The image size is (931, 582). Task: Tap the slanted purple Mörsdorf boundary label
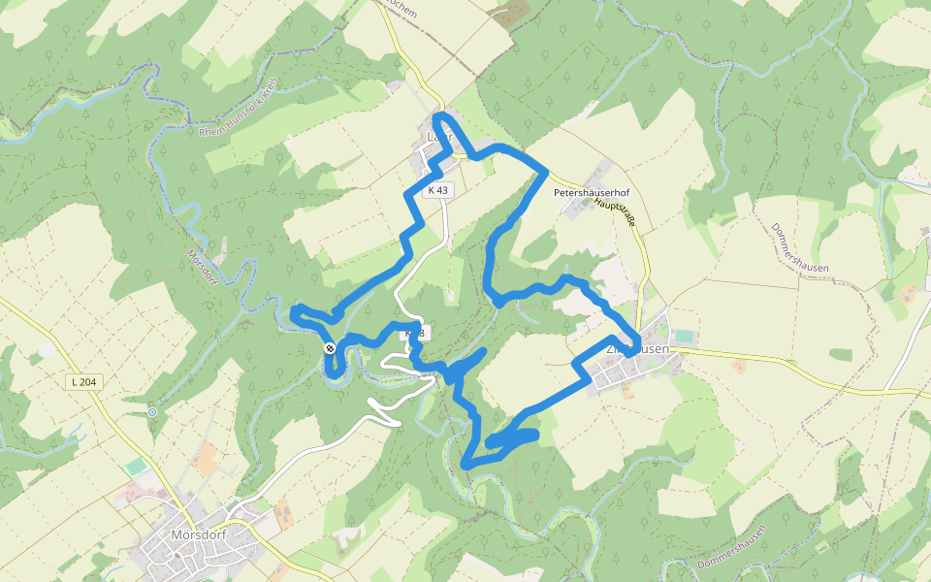tap(202, 268)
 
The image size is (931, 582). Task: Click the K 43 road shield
tap(437, 190)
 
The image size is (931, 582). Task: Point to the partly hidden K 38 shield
tap(415, 334)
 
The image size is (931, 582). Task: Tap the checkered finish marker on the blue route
tap(330, 348)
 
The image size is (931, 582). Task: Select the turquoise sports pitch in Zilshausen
tap(685, 336)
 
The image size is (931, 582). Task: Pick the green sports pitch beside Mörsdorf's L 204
tap(135, 467)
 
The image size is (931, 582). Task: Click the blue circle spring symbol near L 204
tap(152, 412)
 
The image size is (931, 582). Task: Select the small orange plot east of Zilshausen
tap(740, 367)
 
